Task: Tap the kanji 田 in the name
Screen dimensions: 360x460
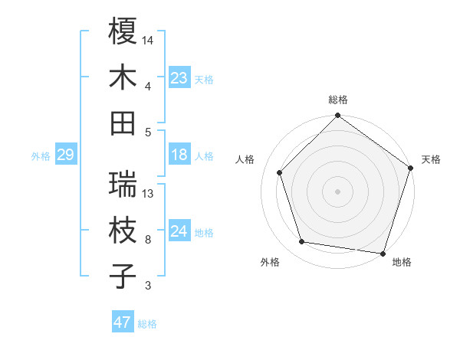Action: [x=123, y=123]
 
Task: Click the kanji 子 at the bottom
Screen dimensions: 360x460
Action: [x=123, y=277]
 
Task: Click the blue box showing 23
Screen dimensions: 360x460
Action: [x=179, y=78]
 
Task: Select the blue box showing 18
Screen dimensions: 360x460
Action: [x=179, y=155]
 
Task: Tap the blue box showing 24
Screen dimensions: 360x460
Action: [x=179, y=232]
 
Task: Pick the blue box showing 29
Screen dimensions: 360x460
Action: [x=65, y=155]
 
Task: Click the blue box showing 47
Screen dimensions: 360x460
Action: [x=123, y=322]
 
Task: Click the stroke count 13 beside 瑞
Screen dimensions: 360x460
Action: [x=149, y=193]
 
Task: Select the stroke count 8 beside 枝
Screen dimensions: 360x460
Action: [x=148, y=240]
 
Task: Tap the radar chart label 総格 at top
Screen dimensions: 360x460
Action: [x=338, y=100]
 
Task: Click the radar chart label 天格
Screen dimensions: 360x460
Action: [x=431, y=159]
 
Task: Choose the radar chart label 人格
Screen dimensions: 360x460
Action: [x=245, y=159]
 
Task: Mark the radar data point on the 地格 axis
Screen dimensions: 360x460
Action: [x=384, y=253]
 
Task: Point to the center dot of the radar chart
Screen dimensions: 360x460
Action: [x=338, y=191]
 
